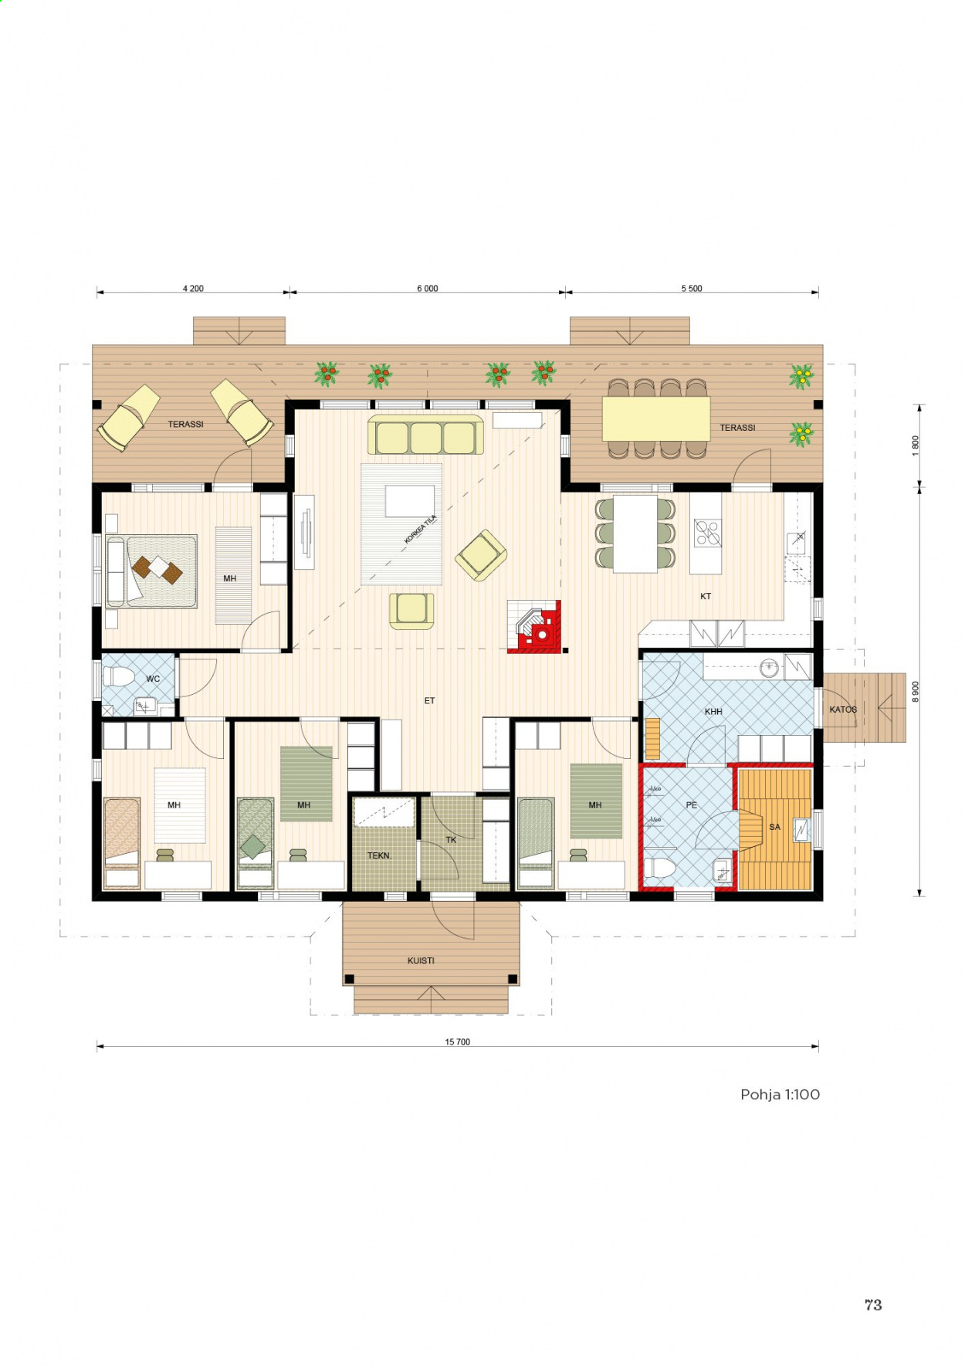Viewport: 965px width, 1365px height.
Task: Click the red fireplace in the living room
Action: [534, 626]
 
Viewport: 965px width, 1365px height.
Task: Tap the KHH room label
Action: [713, 711]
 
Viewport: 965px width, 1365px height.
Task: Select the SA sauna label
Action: [774, 827]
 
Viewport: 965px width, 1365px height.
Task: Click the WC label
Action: [153, 679]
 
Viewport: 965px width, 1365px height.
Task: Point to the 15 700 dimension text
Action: [457, 1042]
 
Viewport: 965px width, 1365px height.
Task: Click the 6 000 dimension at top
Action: [428, 288]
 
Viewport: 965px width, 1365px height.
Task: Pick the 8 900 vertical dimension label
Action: [916, 692]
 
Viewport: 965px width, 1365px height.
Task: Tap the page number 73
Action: [873, 1305]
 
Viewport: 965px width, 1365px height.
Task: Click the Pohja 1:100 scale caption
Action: [780, 1094]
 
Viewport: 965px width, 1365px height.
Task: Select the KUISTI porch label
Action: [421, 960]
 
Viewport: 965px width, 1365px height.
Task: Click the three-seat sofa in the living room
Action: [425, 435]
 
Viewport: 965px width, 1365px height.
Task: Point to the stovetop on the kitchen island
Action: [707, 533]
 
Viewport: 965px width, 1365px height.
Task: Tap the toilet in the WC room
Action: [119, 676]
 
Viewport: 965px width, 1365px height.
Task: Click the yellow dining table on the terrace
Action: [656, 418]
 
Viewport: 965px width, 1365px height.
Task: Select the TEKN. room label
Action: [379, 855]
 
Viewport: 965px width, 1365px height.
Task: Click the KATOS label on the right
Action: [843, 710]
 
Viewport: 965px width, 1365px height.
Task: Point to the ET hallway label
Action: [429, 701]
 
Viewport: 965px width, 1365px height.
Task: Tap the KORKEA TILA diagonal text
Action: [421, 529]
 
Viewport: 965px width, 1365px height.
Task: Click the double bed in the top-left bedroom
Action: [151, 571]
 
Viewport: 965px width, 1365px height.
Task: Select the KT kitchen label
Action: [706, 596]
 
